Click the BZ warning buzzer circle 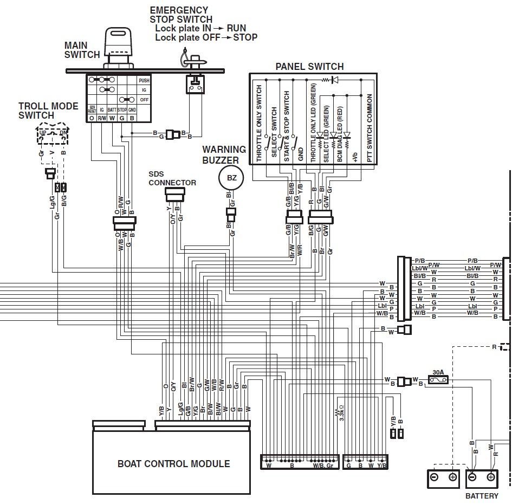pos(231,177)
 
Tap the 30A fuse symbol pos(438,380)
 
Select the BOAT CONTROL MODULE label pos(173,463)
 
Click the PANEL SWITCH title pos(309,67)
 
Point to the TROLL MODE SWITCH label pos(48,111)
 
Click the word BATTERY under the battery pos(482,496)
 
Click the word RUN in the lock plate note pos(237,28)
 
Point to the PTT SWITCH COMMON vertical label pos(370,128)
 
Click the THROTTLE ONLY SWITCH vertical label pos(259,124)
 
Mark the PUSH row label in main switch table pos(144,80)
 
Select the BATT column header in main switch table pos(112,109)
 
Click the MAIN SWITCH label pos(82,50)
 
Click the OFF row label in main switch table pos(144,100)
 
